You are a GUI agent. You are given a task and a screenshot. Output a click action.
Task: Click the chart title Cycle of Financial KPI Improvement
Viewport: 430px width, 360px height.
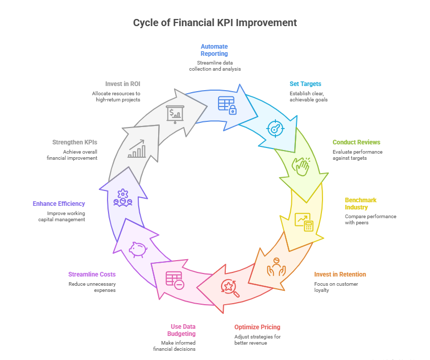(214, 23)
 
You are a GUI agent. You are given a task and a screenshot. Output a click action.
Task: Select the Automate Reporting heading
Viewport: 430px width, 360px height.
(214, 50)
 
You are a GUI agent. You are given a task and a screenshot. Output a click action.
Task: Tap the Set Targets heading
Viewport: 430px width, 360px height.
(306, 83)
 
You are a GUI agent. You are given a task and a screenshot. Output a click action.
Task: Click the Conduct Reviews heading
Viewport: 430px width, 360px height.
(356, 142)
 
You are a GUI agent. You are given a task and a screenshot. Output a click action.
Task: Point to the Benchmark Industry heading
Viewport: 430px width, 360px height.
(360, 203)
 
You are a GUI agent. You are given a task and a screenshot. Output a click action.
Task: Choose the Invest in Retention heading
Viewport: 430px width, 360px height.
(340, 274)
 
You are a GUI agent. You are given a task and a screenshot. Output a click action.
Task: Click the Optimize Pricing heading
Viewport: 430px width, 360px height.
(257, 327)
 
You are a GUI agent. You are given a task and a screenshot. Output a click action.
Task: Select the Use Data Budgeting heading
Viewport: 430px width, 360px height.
(183, 330)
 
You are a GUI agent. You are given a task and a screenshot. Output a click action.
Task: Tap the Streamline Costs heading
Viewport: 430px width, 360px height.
(92, 274)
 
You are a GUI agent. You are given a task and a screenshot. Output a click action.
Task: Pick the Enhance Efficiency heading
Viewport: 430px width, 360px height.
(59, 203)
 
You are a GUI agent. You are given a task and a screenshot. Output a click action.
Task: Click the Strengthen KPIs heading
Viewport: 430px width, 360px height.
(75, 142)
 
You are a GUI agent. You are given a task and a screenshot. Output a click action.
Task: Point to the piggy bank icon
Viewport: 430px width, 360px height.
(138, 249)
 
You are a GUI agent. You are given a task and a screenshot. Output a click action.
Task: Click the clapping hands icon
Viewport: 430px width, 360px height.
(301, 165)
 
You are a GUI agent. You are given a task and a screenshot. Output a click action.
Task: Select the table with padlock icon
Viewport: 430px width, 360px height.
(227, 105)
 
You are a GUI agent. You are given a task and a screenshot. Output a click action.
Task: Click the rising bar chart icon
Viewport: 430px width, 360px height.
(137, 149)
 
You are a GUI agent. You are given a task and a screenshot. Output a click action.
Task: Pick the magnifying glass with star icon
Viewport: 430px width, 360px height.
(230, 288)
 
